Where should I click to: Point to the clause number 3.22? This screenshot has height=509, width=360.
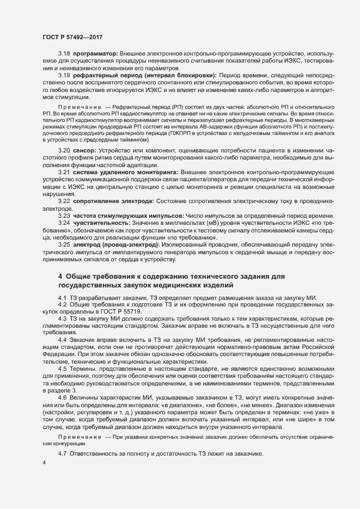click(x=64, y=201)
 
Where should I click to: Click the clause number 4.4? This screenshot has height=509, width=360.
click(x=62, y=339)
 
